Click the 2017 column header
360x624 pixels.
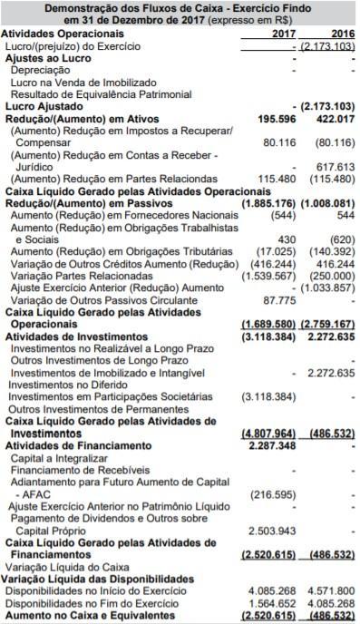[x=284, y=33]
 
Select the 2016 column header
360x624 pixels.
[x=340, y=33]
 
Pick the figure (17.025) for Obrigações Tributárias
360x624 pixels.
[x=270, y=250]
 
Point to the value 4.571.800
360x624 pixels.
[x=331, y=590]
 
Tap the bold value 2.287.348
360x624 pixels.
[x=269, y=445]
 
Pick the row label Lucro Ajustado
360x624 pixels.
[x=41, y=106]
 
